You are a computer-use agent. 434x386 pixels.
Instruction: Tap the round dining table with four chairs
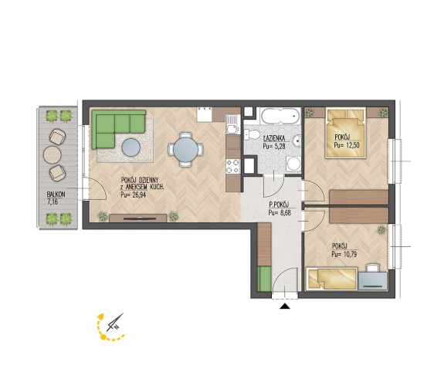pos(185,150)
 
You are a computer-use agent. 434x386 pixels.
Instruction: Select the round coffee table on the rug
pos(131,147)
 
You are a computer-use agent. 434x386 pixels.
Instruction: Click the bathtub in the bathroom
pos(280,117)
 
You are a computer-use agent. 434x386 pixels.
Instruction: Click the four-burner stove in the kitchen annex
pos(232,166)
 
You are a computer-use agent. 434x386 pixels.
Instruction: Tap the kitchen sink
pos(232,125)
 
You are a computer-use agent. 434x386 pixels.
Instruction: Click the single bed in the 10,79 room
pos(331,279)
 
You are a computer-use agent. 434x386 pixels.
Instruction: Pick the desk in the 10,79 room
pos(372,281)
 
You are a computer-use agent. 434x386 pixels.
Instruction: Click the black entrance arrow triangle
pos(284,306)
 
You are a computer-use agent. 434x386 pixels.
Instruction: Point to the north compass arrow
pos(115,323)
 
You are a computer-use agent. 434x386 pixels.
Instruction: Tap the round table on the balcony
pos(52,154)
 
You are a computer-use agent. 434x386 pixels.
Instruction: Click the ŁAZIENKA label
pos(274,139)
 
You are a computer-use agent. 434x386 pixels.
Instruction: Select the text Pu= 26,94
pos(133,195)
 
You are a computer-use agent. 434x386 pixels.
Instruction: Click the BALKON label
pos(56,195)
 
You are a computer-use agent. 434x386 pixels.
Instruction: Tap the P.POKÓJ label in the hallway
pos(279,205)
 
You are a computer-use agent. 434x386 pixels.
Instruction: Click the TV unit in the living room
pos(137,218)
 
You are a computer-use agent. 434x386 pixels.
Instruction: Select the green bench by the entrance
pos(264,279)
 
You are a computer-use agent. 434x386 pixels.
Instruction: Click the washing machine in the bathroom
pos(293,164)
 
